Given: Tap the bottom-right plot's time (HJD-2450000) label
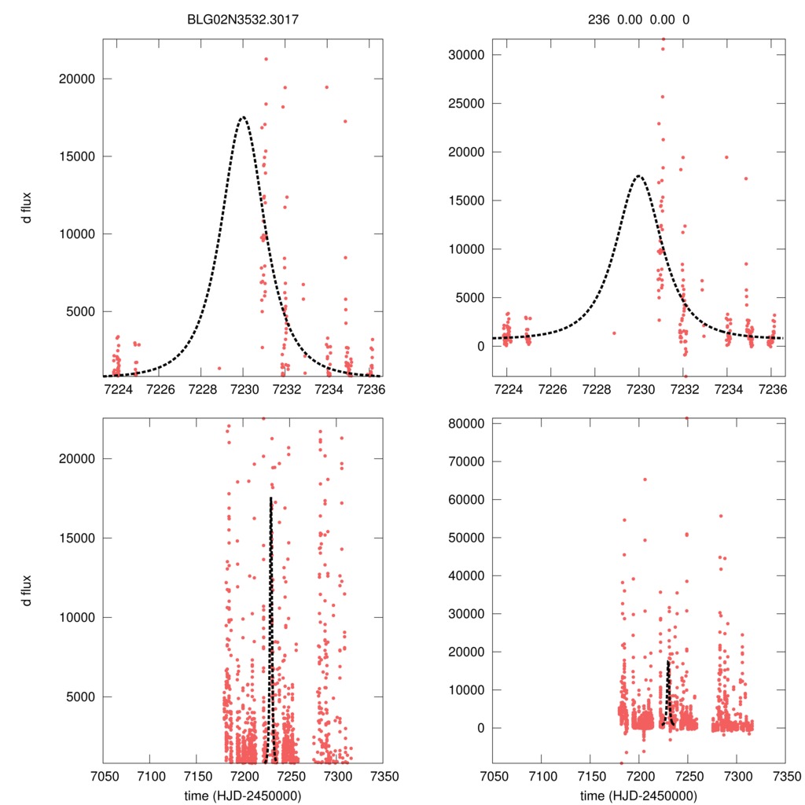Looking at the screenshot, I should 638,795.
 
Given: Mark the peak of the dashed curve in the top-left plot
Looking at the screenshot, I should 243,117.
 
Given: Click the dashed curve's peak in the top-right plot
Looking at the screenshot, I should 639,175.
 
